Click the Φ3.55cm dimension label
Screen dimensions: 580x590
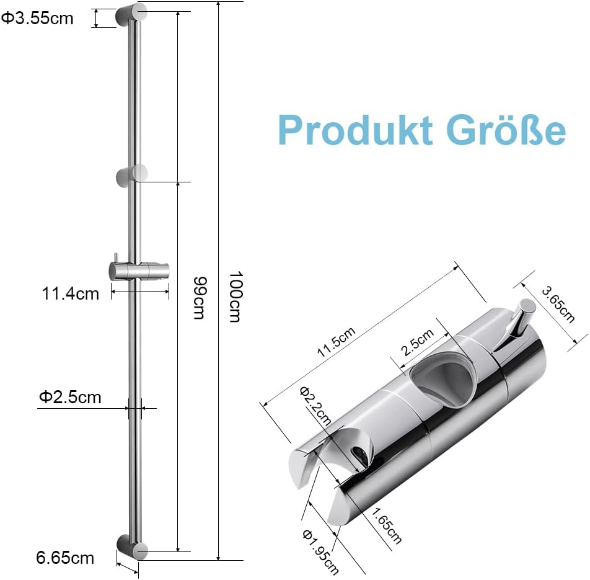pyautogui.click(x=37, y=19)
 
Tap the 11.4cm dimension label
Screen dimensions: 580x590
pyautogui.click(x=70, y=293)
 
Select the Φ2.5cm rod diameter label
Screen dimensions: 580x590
pyautogui.click(x=70, y=397)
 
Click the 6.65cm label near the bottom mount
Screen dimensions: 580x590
pyautogui.click(x=65, y=558)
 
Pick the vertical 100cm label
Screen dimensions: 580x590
pyautogui.click(x=234, y=296)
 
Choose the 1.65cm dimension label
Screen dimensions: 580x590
pyautogui.click(x=385, y=524)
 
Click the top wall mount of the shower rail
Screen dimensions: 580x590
pyautogui.click(x=131, y=15)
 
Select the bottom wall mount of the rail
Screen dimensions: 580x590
pyautogui.click(x=132, y=547)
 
